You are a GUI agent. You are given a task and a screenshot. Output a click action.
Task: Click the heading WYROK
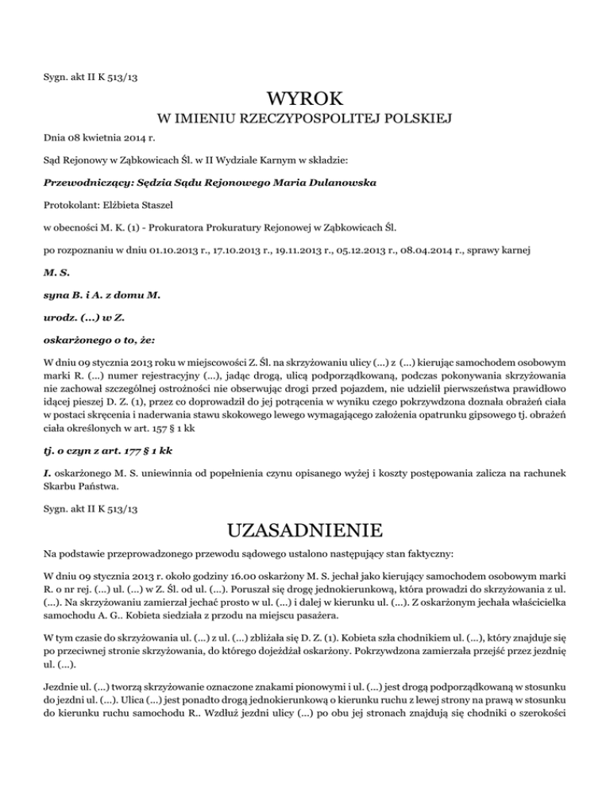pyautogui.click(x=305, y=100)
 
